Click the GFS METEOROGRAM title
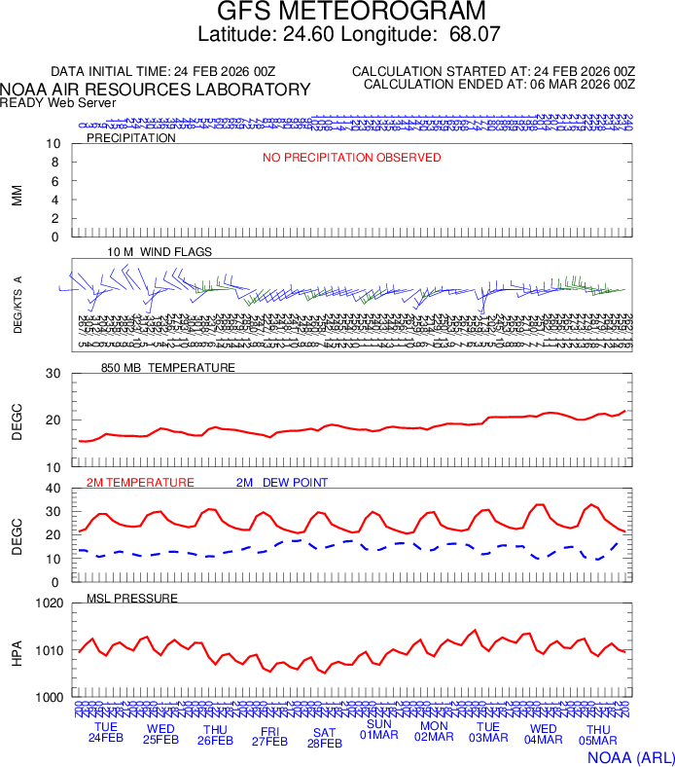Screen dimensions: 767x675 click(x=351, y=13)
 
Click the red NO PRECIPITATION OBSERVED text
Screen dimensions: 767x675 click(x=351, y=158)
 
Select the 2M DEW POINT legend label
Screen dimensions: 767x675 click(x=282, y=483)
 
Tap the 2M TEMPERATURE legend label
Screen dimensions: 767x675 click(x=140, y=483)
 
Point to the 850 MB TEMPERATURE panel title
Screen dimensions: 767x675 click(x=168, y=368)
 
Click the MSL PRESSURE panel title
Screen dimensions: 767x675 click(x=132, y=598)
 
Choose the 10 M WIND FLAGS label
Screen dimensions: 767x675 click(x=160, y=252)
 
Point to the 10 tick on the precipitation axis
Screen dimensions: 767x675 click(x=53, y=144)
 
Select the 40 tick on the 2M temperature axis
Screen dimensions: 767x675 click(x=53, y=489)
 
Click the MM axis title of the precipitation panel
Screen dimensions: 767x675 click(x=17, y=195)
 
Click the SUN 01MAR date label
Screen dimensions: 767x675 click(x=379, y=730)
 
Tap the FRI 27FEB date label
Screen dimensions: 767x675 click(x=269, y=736)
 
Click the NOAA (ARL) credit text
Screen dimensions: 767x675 click(x=629, y=756)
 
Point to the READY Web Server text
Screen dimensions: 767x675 click(x=57, y=102)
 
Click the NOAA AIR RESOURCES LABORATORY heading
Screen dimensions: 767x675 click(x=156, y=90)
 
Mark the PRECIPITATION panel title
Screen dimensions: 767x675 click(x=131, y=138)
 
